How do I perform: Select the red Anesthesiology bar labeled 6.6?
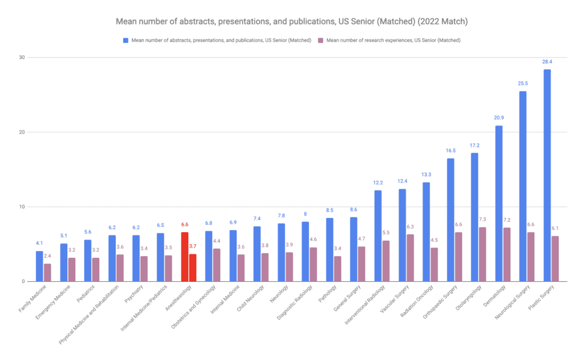184,257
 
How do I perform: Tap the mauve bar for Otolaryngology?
482,254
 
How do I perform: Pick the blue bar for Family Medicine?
39,266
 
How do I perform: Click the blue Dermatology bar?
498,203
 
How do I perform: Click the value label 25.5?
522,83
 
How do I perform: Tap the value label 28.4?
547,61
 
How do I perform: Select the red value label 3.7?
193,246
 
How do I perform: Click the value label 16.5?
450,150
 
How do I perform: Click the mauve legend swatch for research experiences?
320,40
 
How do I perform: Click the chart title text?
291,22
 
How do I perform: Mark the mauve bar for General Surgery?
362,264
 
